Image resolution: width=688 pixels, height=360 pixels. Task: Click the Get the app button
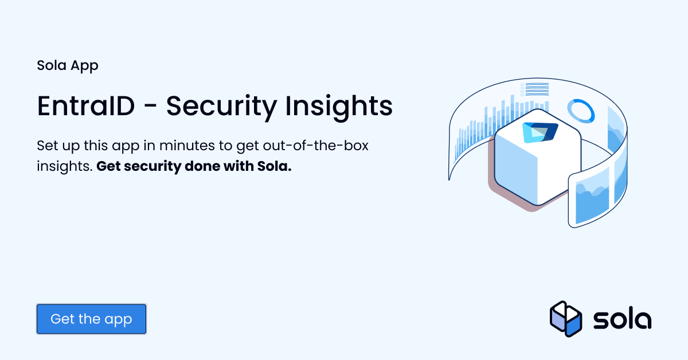pyautogui.click(x=91, y=319)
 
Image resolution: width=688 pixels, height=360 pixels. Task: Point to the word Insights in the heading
pyautogui.click(x=342, y=106)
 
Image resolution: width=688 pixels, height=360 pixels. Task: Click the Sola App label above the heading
pyautogui.click(x=68, y=65)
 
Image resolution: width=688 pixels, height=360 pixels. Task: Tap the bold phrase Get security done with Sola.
pyautogui.click(x=194, y=167)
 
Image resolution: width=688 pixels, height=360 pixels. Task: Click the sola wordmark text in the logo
pyautogui.click(x=621, y=319)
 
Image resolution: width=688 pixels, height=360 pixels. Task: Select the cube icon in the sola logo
pyautogui.click(x=566, y=318)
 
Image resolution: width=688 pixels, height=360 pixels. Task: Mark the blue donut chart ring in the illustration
pyautogui.click(x=580, y=110)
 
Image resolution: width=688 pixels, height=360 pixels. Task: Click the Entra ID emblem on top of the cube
pyautogui.click(x=540, y=132)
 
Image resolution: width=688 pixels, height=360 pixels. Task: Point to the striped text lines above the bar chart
pyautogui.click(x=534, y=89)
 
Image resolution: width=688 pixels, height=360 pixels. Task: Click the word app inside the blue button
pyautogui.click(x=119, y=319)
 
